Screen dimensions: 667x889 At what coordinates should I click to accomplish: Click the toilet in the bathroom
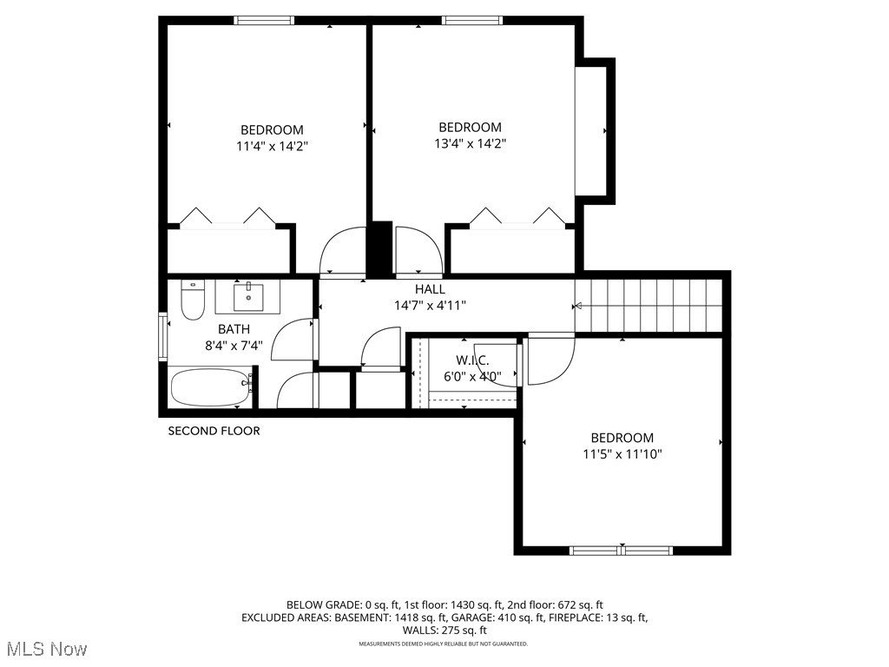(x=192, y=300)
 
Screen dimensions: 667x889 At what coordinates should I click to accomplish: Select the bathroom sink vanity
(x=248, y=296)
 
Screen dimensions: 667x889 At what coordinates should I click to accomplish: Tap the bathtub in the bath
(x=210, y=387)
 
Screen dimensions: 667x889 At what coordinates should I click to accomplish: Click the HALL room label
(x=430, y=289)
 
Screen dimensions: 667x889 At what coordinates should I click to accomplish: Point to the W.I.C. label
(x=472, y=360)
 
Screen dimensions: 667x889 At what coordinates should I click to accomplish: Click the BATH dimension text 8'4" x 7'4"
(x=234, y=345)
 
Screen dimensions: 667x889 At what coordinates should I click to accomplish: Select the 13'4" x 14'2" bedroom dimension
(x=470, y=143)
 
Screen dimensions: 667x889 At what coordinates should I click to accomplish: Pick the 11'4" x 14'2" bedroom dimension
(x=272, y=146)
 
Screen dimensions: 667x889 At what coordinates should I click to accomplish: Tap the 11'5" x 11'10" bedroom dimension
(x=622, y=453)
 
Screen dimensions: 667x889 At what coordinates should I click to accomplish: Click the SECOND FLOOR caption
(x=214, y=431)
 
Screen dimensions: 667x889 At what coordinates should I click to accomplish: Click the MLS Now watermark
(x=47, y=649)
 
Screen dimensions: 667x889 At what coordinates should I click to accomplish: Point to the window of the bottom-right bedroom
(x=621, y=550)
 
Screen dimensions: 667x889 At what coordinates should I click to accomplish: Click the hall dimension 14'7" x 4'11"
(x=430, y=305)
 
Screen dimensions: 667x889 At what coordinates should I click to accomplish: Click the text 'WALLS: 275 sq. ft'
(x=444, y=631)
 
